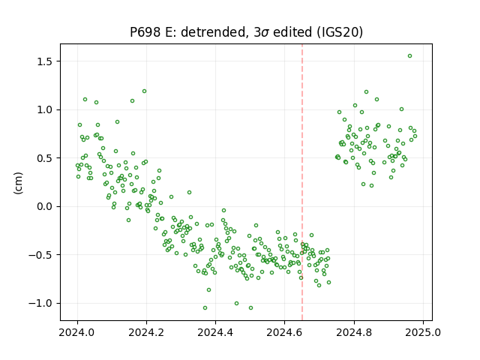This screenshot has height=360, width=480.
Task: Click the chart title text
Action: (247, 32)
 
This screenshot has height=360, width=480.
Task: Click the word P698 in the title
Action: (145, 32)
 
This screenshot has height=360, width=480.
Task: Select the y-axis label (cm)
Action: (18, 183)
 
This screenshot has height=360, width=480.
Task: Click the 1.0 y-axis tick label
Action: (46, 110)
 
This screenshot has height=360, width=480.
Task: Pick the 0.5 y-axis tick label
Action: (46, 158)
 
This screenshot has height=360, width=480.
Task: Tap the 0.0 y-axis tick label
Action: (46, 207)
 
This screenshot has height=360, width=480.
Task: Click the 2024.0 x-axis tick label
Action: (77, 332)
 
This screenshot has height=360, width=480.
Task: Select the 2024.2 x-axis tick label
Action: (147, 332)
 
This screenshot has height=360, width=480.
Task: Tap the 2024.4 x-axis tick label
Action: (215, 332)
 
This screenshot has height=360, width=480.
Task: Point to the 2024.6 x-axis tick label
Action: (285, 332)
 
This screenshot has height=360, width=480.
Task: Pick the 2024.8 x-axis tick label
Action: (354, 332)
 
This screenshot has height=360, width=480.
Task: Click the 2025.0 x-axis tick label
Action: (423, 332)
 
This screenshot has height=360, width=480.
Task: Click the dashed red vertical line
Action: (302, 182)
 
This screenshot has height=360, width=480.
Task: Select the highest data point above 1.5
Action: (410, 56)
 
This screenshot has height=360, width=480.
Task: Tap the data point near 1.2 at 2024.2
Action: (144, 91)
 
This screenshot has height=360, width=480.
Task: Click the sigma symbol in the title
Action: (265, 33)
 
